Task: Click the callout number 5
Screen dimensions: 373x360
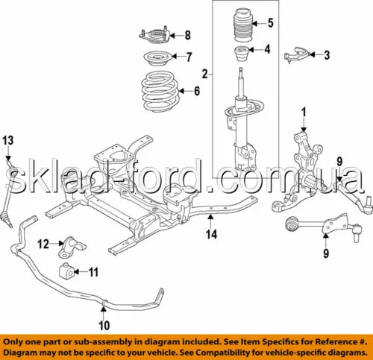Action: point(271,23)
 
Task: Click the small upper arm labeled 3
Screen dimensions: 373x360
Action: point(296,55)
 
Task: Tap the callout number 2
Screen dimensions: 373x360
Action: point(205,74)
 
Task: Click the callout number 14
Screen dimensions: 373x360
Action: point(211,234)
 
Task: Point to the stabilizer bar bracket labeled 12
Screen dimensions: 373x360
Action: point(72,247)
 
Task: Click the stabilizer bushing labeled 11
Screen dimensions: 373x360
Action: point(66,271)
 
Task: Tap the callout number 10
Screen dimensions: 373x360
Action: point(104,325)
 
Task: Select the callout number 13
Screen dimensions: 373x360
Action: point(8,140)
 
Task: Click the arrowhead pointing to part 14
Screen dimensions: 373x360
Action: point(210,218)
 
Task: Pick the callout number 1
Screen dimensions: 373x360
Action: point(304,113)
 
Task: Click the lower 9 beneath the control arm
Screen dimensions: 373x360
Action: point(326,253)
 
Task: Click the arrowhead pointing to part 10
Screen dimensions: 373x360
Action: point(104,309)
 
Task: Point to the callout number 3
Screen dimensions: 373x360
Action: point(327,55)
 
